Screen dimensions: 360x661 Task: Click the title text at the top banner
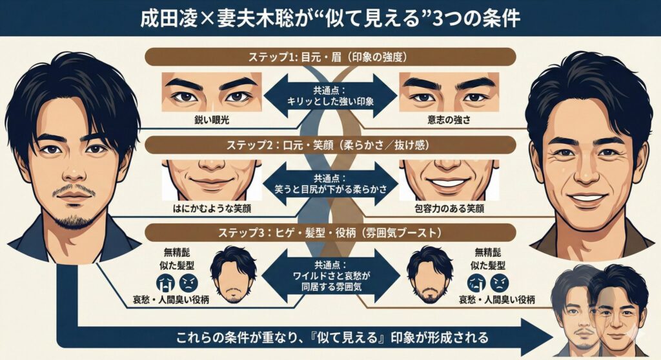[330, 17]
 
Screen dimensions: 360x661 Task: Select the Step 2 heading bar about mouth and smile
[330, 144]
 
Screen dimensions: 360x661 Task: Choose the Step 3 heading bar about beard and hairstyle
[330, 232]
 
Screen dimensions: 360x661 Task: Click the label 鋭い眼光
[211, 119]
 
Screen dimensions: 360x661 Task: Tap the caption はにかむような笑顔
[211, 209]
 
